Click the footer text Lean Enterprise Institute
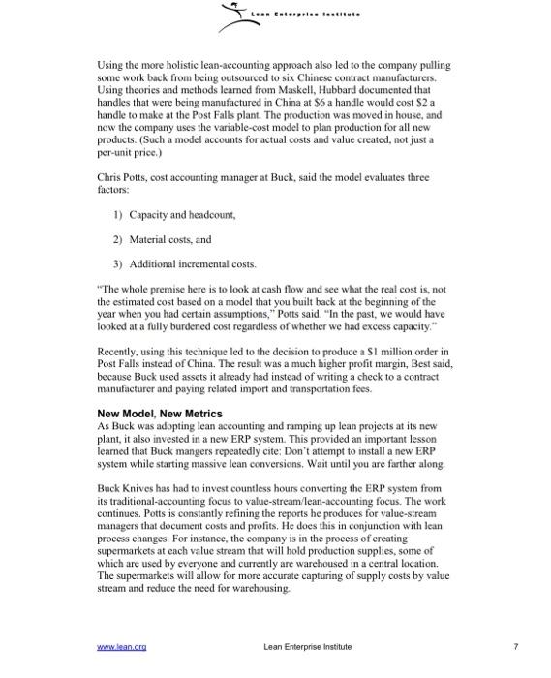click(307, 646)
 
